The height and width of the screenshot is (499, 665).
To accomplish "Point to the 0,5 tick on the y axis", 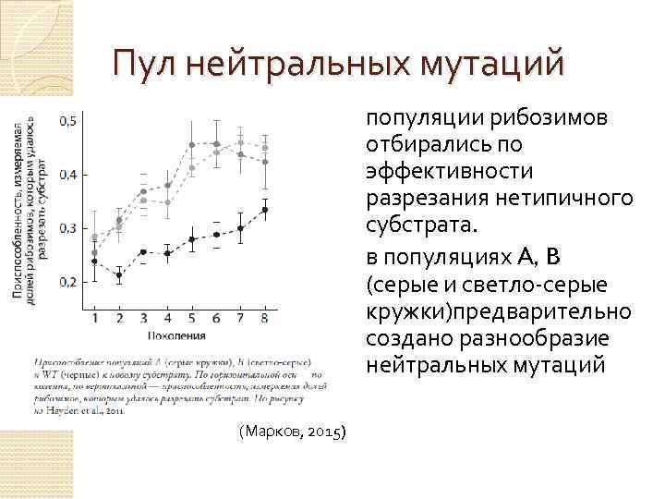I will tap(67, 121).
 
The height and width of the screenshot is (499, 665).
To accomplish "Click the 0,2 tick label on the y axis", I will tap(67, 282).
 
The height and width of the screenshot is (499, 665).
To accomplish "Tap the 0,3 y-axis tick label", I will tap(67, 228).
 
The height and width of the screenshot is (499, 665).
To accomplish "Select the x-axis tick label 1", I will tap(94, 318).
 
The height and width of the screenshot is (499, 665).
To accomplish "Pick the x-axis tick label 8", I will tap(265, 318).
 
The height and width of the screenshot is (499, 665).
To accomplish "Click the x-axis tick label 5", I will tap(192, 318).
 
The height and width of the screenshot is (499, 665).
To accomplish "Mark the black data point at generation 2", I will tap(119, 274).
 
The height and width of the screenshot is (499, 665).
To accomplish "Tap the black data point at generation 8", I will tap(265, 210).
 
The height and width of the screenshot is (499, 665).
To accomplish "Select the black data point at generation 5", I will tap(192, 239).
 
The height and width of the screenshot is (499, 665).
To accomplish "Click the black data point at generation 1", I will tap(94, 261).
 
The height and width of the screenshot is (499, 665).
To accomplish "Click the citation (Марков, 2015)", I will tap(292, 432).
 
